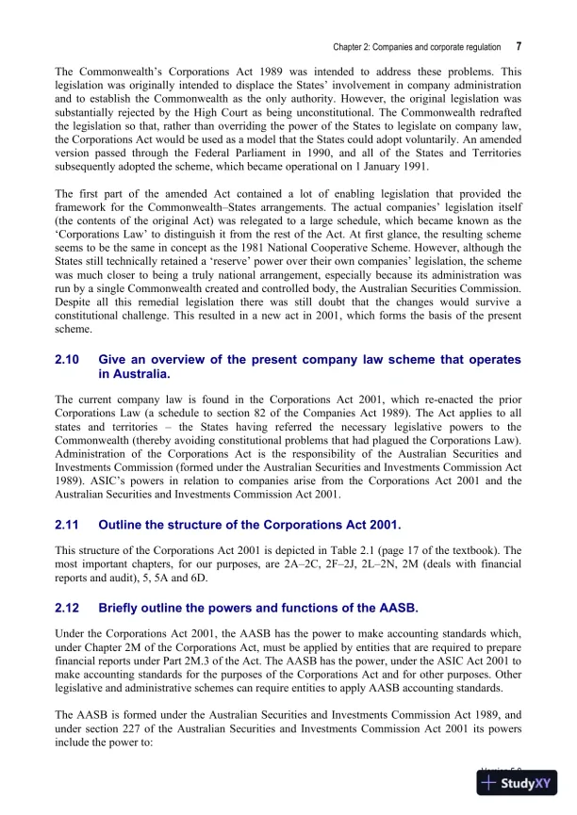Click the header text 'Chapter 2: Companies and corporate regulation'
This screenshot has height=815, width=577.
pyautogui.click(x=417, y=46)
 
